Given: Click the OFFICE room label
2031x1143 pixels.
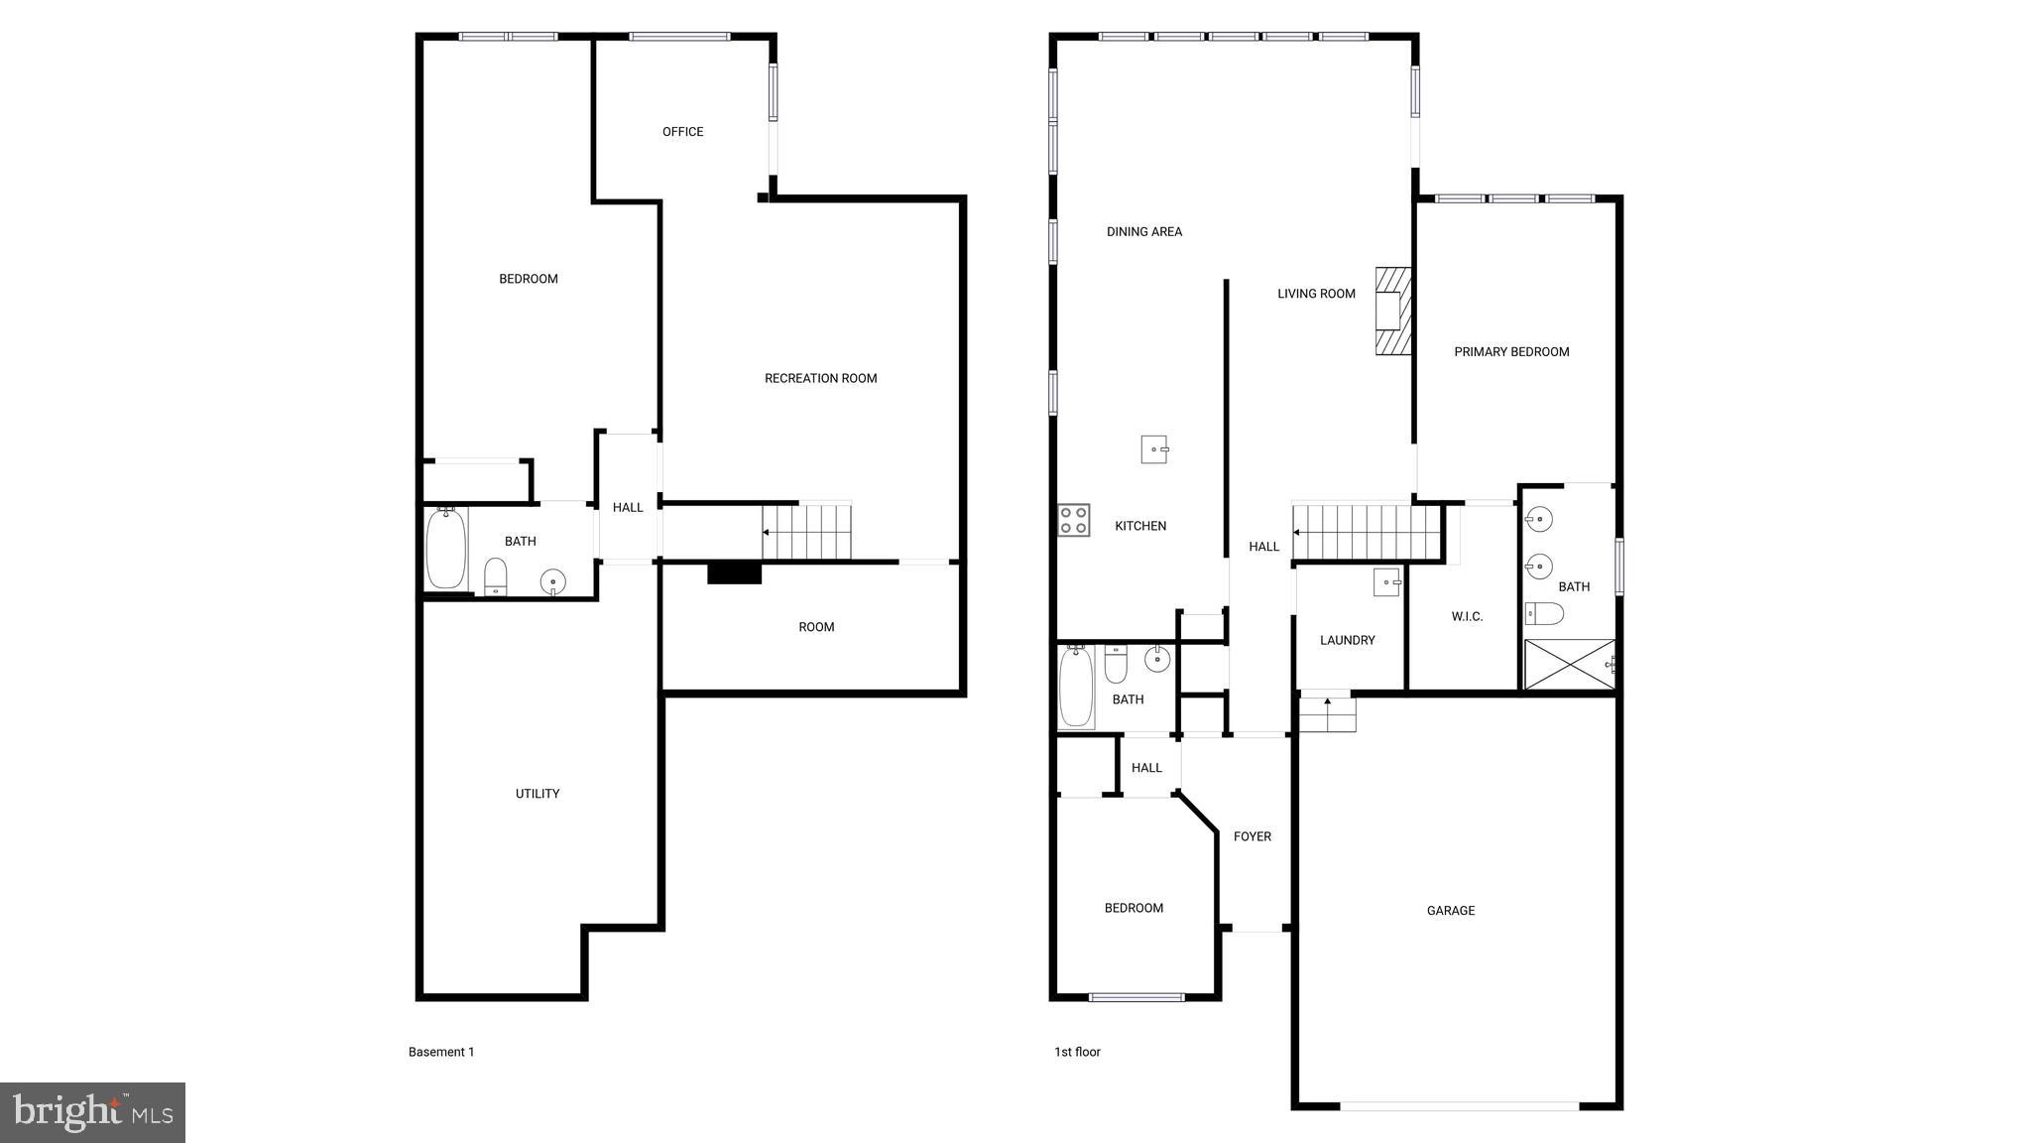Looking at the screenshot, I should (682, 132).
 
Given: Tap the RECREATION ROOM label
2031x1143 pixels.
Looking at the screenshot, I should (820, 378).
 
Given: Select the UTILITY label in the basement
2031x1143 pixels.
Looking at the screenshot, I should (537, 794).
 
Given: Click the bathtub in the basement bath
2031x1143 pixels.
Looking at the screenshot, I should (446, 548).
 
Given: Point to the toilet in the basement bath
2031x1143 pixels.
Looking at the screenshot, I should (495, 576).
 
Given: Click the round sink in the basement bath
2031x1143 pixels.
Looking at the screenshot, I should (552, 581).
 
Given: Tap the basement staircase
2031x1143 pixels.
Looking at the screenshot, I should (807, 532).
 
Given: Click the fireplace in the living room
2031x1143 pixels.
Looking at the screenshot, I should (1392, 311).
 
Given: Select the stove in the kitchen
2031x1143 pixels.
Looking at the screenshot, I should (1073, 520).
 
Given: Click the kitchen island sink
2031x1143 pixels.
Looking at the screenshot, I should (1154, 449).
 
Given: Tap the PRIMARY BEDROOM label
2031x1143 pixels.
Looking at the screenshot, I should (1510, 352).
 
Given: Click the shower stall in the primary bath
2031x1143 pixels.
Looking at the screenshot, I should (1569, 664).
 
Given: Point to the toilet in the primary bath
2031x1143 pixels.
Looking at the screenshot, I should (1544, 614).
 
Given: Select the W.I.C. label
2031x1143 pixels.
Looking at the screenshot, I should (1467, 617).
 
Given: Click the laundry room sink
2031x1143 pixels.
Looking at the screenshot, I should (1386, 581).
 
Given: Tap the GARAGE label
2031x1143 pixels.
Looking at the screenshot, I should (1450, 911).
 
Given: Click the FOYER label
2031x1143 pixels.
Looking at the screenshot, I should (1252, 837).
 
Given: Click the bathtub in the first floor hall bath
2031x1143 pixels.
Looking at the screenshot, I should (1076, 687).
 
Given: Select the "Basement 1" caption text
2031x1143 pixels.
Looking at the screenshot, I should (441, 1052).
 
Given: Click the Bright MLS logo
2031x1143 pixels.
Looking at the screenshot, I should (92, 1112).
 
